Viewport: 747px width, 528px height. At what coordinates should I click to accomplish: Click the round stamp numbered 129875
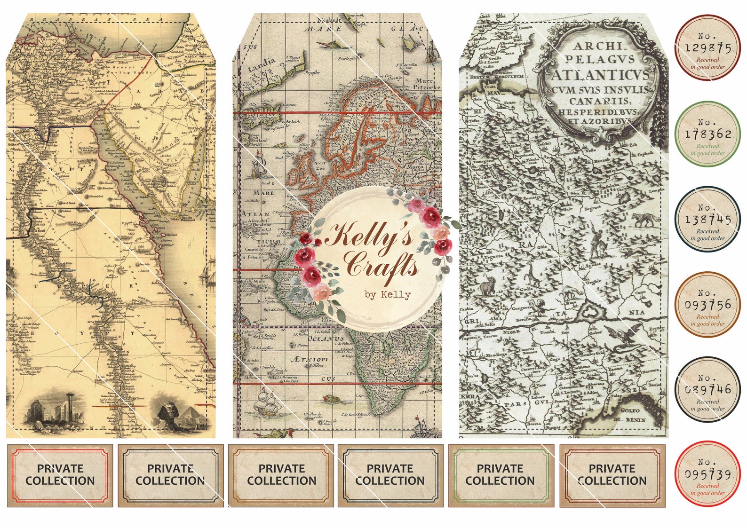coord(707,47)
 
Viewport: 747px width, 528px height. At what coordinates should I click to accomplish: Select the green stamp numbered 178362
coord(707,134)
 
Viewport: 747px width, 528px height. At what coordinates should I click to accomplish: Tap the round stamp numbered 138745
coord(707,220)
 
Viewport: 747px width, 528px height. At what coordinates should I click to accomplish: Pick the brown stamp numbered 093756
coord(707,305)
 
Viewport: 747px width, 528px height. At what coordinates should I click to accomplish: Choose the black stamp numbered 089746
coord(707,389)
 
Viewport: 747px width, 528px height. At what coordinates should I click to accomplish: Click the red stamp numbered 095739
coord(707,474)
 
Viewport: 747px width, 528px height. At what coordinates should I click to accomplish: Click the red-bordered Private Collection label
coord(60,475)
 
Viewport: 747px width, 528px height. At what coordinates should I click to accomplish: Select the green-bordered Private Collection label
coord(500,475)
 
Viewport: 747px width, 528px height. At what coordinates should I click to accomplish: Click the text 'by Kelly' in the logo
coord(387,295)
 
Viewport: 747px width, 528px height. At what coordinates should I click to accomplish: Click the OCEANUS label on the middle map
coord(326,339)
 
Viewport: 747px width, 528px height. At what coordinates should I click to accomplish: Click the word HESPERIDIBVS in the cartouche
coord(597,112)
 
